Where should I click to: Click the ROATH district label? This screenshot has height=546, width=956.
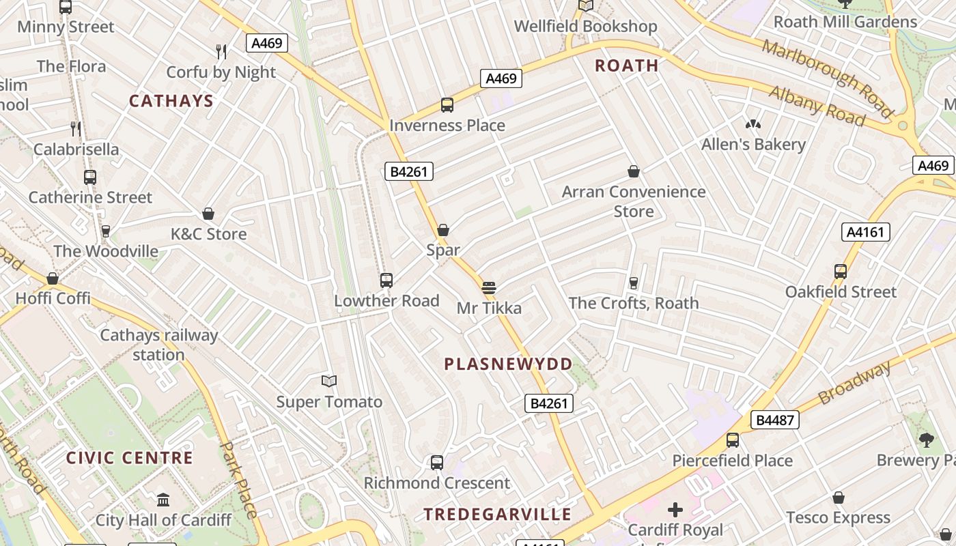click(626, 66)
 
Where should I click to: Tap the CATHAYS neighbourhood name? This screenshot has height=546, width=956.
click(171, 101)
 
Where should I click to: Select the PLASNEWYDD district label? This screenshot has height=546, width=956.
click(508, 364)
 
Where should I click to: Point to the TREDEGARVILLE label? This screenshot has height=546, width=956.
click(497, 514)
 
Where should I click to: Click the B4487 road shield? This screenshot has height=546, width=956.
click(775, 420)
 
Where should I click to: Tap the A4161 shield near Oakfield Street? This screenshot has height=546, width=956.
click(865, 232)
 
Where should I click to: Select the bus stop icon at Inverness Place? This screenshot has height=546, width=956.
click(447, 105)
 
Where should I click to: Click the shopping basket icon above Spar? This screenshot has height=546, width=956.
click(442, 230)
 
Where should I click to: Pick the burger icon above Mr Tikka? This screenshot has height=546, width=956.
click(488, 288)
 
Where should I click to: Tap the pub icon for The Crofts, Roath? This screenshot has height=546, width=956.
click(633, 283)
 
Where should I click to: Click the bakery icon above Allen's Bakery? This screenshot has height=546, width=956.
click(753, 124)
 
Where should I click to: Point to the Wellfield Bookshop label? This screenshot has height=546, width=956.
click(585, 27)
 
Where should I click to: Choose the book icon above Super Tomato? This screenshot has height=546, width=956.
click(329, 382)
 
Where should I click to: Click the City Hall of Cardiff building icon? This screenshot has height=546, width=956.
click(163, 500)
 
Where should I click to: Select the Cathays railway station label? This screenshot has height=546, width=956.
click(158, 345)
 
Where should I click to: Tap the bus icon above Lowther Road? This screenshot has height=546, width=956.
click(386, 281)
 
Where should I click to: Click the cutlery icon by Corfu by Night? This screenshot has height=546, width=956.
click(221, 52)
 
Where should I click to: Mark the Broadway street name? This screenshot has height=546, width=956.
click(854, 382)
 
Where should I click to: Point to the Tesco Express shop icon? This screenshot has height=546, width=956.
click(838, 498)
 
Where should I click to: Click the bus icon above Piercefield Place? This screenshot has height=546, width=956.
click(733, 440)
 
